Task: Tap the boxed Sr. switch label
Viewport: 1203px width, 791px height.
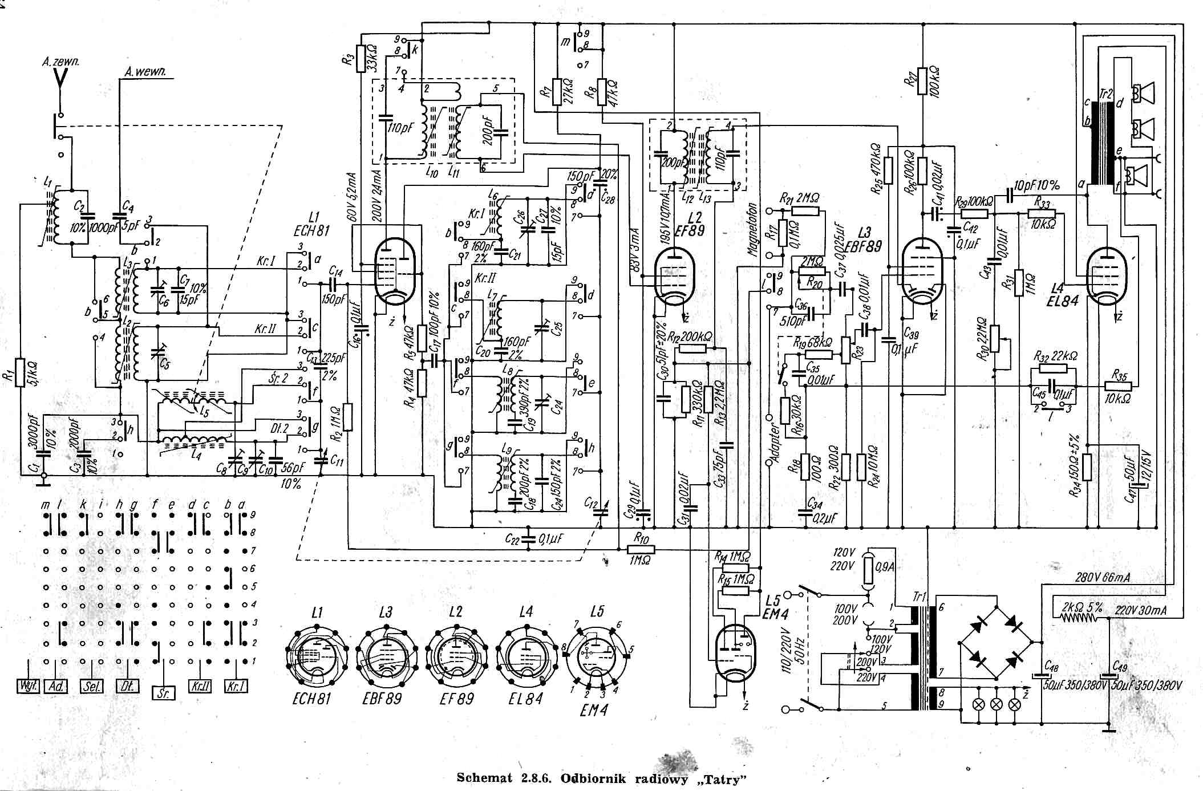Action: click(x=164, y=692)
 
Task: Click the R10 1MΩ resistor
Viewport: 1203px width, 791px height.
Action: click(x=641, y=549)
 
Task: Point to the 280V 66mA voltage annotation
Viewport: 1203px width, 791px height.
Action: click(x=1103, y=577)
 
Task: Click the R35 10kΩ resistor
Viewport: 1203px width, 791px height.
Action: click(x=1117, y=387)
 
